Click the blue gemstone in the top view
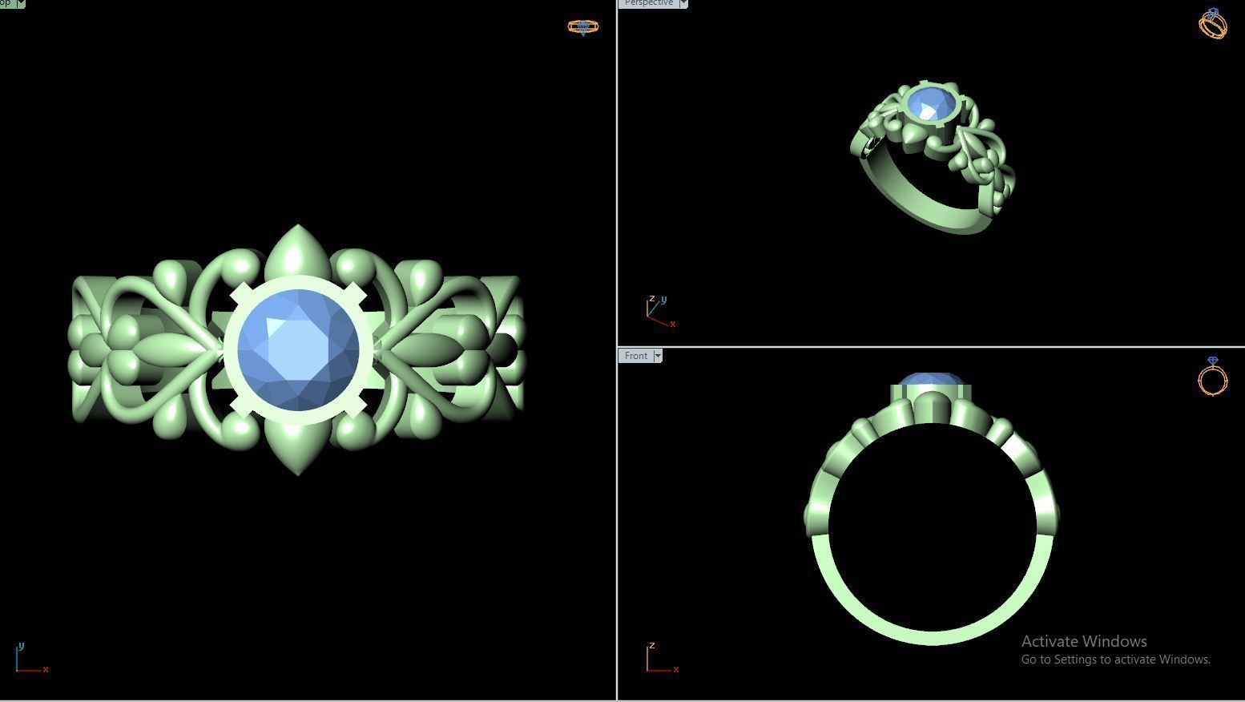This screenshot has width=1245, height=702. point(298,350)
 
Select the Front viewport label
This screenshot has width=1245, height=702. point(636,356)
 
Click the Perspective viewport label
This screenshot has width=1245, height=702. point(649,3)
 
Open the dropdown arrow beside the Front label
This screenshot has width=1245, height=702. point(658,356)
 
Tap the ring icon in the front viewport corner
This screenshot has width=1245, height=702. point(1212,376)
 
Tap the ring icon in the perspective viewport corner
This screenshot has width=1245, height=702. point(1212,23)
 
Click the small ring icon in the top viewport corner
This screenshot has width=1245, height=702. point(582,27)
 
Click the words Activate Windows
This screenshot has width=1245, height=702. point(1084,641)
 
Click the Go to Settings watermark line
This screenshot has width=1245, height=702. point(1115,660)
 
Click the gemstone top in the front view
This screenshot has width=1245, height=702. point(930,380)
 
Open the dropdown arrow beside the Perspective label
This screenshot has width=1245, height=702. point(683,3)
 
